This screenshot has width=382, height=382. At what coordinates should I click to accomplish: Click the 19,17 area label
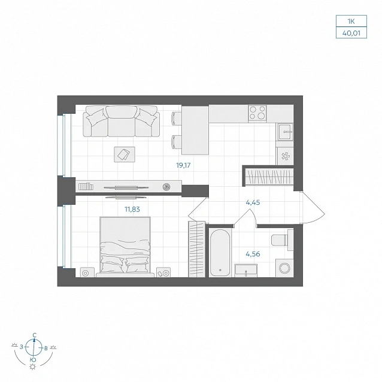pyautogui.click(x=183, y=165)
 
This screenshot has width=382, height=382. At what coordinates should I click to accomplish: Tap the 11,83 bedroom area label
pyautogui.click(x=132, y=210)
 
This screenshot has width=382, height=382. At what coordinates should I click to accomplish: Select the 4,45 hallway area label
pyautogui.click(x=253, y=202)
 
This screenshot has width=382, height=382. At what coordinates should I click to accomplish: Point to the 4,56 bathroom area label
pyautogui.click(x=253, y=254)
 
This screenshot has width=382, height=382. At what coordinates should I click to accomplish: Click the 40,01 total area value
pyautogui.click(x=351, y=33)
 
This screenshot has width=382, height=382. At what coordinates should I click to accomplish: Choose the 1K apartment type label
pyautogui.click(x=351, y=22)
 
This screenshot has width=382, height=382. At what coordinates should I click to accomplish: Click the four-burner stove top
pyautogui.click(x=257, y=113)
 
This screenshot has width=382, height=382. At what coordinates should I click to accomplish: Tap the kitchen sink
pyautogui.click(x=284, y=132)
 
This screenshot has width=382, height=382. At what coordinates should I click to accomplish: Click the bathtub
pyautogui.click(x=220, y=253)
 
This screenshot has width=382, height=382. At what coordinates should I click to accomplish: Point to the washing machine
pyautogui.click(x=284, y=268)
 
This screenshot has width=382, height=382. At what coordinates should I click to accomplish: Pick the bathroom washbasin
pyautogui.click(x=246, y=271)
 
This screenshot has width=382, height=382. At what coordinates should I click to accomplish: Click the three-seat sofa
pyautogui.click(x=121, y=121)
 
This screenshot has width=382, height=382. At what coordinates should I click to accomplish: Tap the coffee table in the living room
pyautogui.click(x=125, y=154)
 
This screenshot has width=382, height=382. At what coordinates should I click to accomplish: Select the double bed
pyautogui.click(x=125, y=247)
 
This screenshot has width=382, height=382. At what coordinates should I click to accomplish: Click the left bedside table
pyautogui.click(x=87, y=272)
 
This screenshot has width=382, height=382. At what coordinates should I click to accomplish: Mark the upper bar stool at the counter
pyautogui.click(x=177, y=119)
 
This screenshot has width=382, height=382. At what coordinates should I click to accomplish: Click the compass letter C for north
pyautogui.click(x=35, y=335)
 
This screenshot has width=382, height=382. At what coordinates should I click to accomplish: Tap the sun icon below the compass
pyautogui.click(x=32, y=367)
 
